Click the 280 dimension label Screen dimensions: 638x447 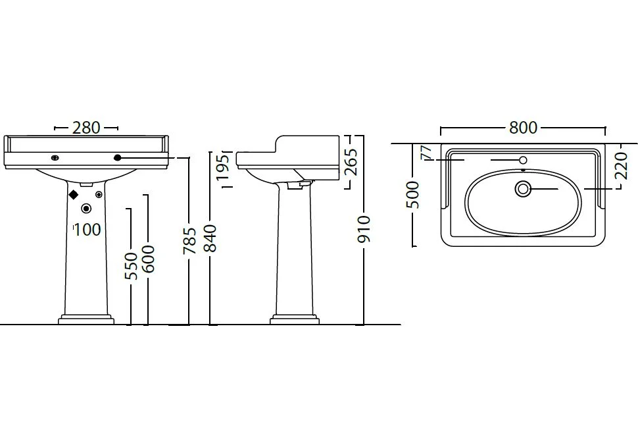(x=86, y=128)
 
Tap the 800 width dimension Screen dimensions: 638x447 (x=524, y=128)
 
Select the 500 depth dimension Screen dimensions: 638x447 (x=413, y=195)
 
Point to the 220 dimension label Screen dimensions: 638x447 (x=622, y=165)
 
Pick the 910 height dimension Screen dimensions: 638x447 (x=364, y=229)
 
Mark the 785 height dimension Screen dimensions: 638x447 (x=189, y=240)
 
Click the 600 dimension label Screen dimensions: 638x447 (x=148, y=259)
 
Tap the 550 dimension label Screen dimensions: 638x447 (x=131, y=266)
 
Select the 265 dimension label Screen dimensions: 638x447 (x=351, y=162)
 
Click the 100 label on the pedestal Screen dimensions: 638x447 (x=87, y=230)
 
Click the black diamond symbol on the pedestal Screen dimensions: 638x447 (x=73, y=195)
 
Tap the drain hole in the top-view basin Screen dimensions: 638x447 (x=523, y=189)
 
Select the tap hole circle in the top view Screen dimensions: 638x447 (x=524, y=160)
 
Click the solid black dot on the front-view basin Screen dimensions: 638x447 (x=118, y=157)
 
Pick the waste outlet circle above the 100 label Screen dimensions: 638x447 (x=86, y=209)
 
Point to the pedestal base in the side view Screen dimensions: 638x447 (x=295, y=319)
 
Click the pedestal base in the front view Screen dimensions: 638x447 (x=86, y=319)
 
